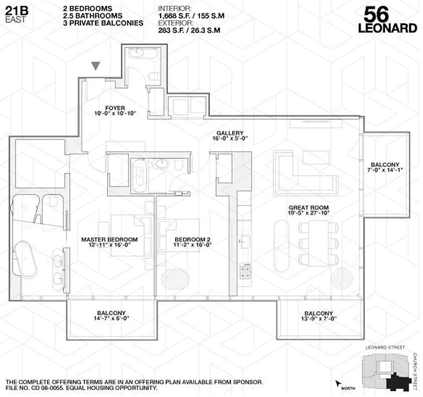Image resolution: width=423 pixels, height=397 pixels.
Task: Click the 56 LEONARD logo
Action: [x=387, y=20]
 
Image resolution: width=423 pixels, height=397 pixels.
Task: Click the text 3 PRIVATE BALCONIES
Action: [x=103, y=23]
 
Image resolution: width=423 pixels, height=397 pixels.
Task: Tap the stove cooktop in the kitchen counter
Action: [x=245, y=270]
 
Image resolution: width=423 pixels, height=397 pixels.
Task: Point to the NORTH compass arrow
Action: [x=339, y=383]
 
